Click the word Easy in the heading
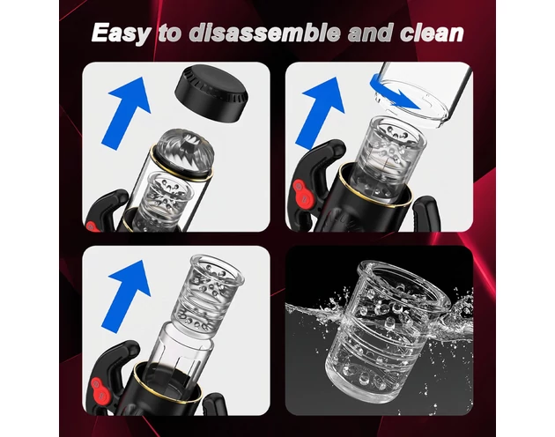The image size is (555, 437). point(120,33)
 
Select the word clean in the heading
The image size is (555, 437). point(432,33)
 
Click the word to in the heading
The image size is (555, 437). point(169,33)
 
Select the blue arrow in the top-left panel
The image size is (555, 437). point(127,113)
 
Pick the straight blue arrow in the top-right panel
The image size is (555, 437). point(321,113)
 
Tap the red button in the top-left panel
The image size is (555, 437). point(91,226)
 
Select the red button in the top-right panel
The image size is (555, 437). point(302,193)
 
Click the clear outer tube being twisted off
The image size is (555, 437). point(423,93)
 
